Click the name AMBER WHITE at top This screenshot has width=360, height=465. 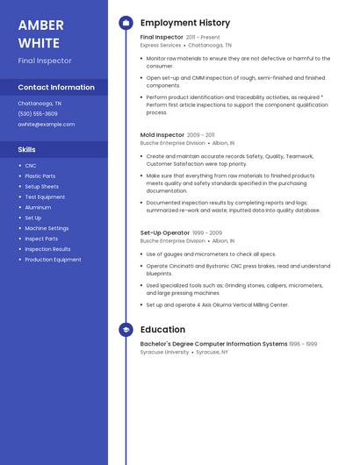(x=40, y=33)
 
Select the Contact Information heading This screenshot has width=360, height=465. (x=56, y=87)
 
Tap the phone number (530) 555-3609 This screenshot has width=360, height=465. (x=38, y=113)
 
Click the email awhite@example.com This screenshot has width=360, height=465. (x=46, y=124)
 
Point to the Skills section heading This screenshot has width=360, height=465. (x=26, y=149)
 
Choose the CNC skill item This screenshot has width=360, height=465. (x=31, y=166)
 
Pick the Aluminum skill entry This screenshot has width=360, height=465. (x=38, y=207)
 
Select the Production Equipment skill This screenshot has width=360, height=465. (x=53, y=260)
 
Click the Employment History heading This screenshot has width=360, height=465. (x=184, y=23)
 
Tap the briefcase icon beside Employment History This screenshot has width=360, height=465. (x=126, y=23)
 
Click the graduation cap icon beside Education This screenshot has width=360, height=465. (x=126, y=330)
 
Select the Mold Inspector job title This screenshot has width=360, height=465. (x=162, y=135)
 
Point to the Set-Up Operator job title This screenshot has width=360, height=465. (x=164, y=232)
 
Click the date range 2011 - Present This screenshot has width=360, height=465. (x=203, y=38)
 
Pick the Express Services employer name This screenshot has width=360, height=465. (x=161, y=45)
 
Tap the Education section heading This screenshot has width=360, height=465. (x=162, y=330)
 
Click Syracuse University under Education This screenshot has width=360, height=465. (x=164, y=352)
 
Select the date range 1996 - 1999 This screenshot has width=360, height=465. (x=303, y=344)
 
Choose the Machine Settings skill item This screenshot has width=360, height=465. (x=47, y=228)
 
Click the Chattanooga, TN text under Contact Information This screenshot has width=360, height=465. (x=40, y=103)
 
